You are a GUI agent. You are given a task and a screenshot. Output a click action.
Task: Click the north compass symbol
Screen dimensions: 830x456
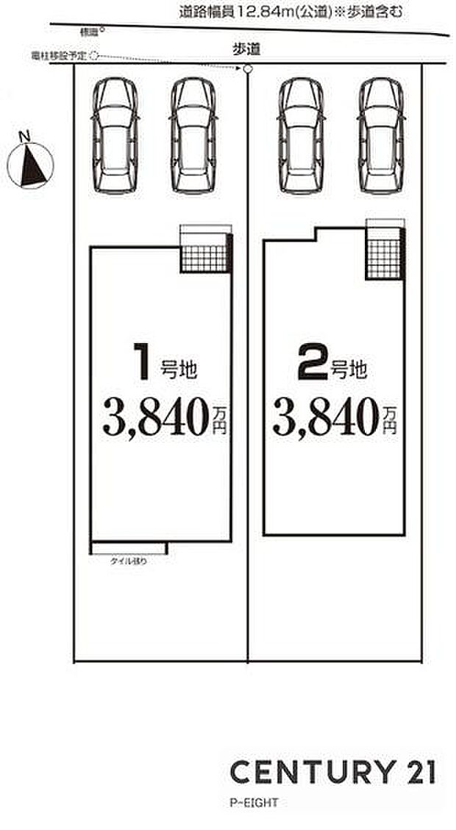point(31,161)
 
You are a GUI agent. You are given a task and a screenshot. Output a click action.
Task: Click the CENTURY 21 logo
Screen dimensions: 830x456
point(332,772)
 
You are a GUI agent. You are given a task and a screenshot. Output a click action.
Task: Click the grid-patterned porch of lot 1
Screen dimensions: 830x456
point(204,257)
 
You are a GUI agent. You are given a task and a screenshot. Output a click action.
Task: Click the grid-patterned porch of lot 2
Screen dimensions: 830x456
point(382,253)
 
